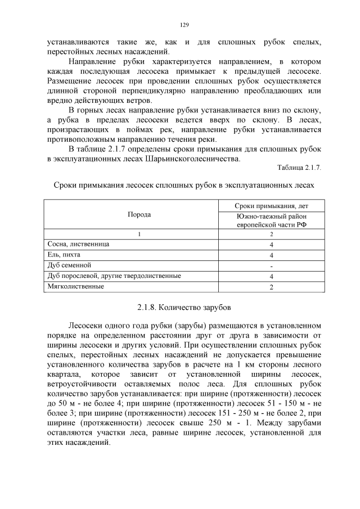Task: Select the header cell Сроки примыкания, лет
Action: [x=271, y=206]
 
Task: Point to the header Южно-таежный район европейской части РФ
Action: [x=271, y=220]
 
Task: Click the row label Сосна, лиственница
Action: [x=78, y=244]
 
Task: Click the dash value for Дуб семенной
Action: [x=271, y=265]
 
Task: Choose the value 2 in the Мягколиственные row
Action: [x=271, y=287]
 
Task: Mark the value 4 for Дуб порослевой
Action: [x=271, y=276]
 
